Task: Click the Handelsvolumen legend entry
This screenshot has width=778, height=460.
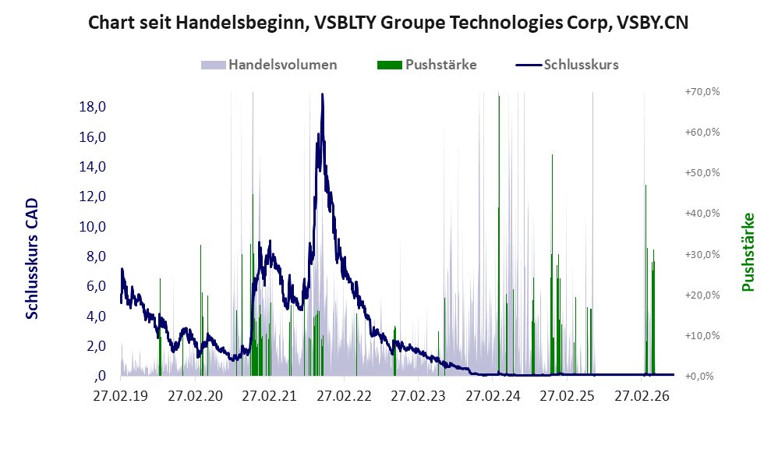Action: point(269,65)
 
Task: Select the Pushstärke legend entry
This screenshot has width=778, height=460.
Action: point(426,65)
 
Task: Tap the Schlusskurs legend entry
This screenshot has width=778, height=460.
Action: point(567,65)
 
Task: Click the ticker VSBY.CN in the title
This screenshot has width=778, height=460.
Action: point(652,23)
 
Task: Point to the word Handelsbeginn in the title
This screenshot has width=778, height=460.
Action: point(241,23)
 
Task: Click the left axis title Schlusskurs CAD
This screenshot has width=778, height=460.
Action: point(32,259)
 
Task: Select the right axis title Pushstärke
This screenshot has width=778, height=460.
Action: point(748,252)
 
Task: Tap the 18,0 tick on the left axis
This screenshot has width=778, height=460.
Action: point(93,107)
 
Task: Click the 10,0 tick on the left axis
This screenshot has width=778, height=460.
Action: point(93,226)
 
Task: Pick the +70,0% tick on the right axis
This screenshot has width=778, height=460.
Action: point(702,92)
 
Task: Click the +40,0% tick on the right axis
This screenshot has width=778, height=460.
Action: point(702,214)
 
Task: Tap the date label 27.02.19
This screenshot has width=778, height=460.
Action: point(121,396)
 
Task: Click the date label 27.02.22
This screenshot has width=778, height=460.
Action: point(344,396)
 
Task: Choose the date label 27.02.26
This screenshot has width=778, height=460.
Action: point(642,396)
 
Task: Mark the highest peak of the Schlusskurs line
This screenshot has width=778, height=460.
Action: point(323,94)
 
